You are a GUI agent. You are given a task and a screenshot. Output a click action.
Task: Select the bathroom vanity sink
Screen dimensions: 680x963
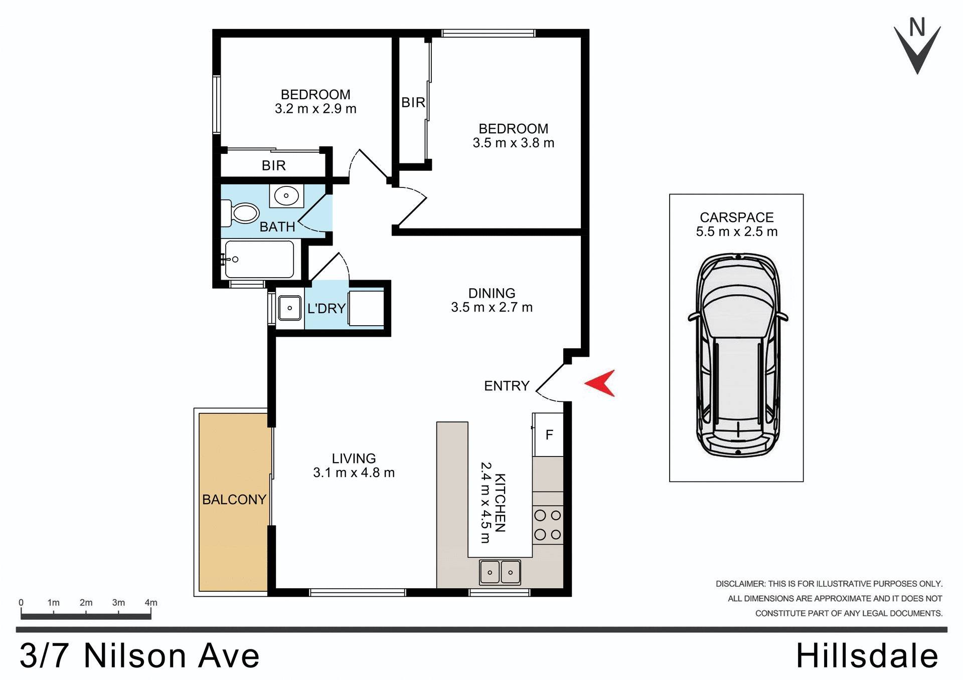(x=286, y=196)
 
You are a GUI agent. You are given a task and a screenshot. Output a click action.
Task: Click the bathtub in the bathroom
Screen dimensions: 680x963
(x=259, y=259)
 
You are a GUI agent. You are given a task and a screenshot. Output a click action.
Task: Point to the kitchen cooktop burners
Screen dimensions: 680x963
(x=548, y=525)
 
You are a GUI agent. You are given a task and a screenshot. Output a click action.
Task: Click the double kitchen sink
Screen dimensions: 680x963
(x=500, y=572)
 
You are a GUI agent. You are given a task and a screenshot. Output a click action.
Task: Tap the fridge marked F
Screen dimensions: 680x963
(x=549, y=435)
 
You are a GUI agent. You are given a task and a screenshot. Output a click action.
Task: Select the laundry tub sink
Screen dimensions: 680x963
(x=290, y=308)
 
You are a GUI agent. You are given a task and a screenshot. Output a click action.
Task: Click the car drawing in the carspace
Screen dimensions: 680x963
(x=737, y=356)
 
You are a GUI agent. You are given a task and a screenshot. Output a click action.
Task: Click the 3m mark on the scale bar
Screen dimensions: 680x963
(x=118, y=603)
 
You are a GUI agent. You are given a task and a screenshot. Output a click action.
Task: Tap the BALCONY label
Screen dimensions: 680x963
(x=234, y=500)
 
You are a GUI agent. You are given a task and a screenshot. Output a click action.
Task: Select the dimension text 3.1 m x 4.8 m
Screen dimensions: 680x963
(x=354, y=473)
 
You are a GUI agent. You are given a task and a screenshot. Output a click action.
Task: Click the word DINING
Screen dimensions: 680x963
(x=492, y=293)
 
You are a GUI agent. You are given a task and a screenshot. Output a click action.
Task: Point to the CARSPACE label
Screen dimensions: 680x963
(x=736, y=217)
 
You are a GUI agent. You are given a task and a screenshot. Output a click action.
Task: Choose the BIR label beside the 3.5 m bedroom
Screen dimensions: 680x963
(x=413, y=103)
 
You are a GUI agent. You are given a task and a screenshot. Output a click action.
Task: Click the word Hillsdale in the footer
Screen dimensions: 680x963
(x=867, y=656)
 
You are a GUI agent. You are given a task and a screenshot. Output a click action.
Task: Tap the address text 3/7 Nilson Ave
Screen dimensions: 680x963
(x=139, y=656)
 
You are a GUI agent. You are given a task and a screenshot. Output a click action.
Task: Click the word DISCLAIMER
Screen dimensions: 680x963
(x=740, y=584)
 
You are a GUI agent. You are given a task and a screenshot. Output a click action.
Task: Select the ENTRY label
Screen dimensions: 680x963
(x=507, y=386)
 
